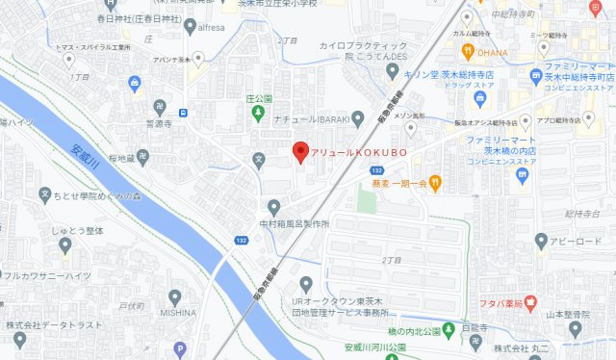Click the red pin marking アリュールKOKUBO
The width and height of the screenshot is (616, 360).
[300, 152]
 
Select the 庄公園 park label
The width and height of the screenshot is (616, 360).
[259, 98]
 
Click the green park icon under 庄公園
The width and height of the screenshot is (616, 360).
[259, 115]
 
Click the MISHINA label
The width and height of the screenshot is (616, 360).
[178, 313]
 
